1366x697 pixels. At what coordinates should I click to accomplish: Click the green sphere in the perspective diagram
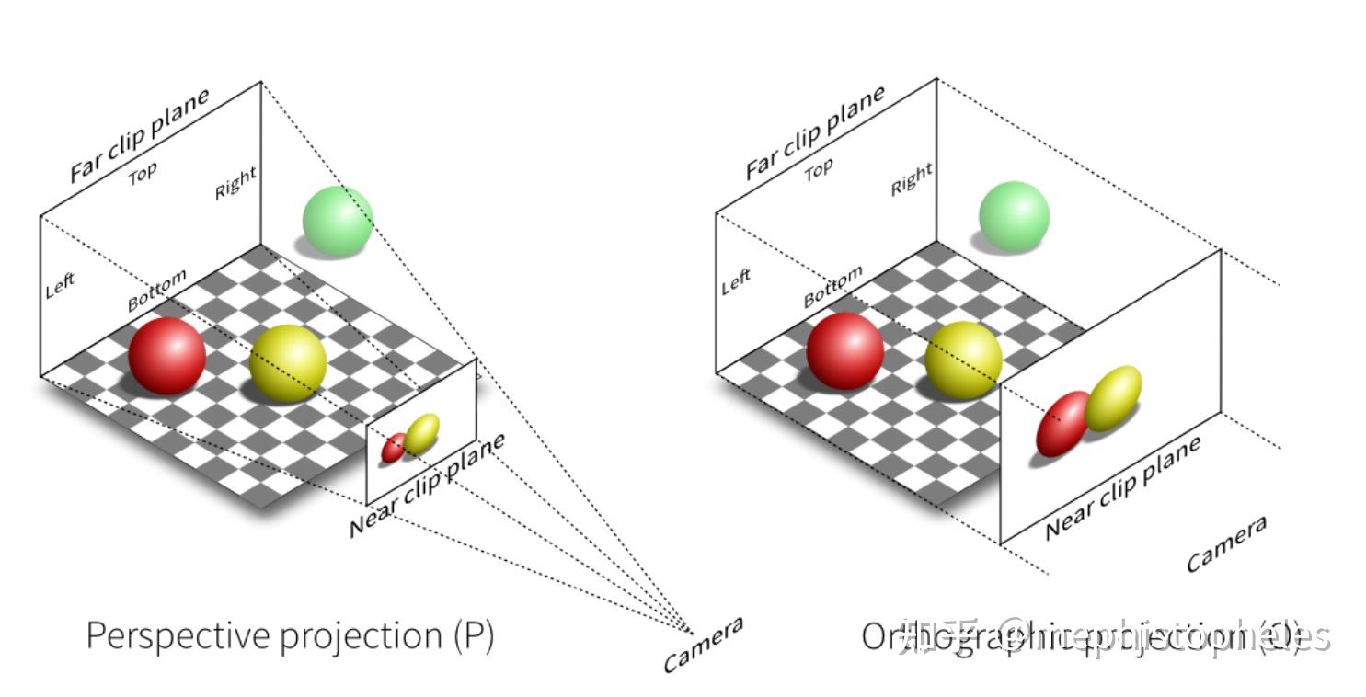(x=338, y=220)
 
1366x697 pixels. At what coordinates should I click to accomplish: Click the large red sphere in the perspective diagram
(x=166, y=356)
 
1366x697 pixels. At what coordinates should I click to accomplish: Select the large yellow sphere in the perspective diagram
(x=288, y=363)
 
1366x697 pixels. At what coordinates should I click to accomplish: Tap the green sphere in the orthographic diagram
(x=1014, y=216)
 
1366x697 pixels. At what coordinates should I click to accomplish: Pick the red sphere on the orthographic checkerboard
(x=844, y=350)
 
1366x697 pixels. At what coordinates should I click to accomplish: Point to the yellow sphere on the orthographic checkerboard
(x=963, y=360)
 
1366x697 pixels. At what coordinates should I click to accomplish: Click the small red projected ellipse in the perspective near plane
(x=394, y=448)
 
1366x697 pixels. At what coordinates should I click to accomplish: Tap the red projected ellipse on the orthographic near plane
(x=1062, y=423)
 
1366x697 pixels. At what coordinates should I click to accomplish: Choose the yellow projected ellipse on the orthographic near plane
(x=1113, y=398)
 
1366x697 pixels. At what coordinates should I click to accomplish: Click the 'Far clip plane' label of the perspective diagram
(x=140, y=135)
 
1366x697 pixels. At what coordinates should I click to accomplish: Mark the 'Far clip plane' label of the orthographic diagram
(x=815, y=132)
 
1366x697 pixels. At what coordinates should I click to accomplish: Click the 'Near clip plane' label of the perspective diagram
(x=427, y=485)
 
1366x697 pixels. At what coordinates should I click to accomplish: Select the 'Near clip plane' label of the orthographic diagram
(x=1123, y=487)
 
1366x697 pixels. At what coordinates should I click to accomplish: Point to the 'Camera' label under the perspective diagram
(x=703, y=644)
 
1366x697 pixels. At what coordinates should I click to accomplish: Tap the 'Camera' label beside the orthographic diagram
(x=1226, y=543)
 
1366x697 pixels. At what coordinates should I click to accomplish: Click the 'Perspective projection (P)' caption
(x=290, y=635)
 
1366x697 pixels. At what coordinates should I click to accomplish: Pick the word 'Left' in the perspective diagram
(x=60, y=285)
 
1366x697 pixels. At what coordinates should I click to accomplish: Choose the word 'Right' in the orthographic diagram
(x=911, y=179)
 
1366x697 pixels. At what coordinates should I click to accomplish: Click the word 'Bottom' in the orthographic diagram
(x=832, y=286)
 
